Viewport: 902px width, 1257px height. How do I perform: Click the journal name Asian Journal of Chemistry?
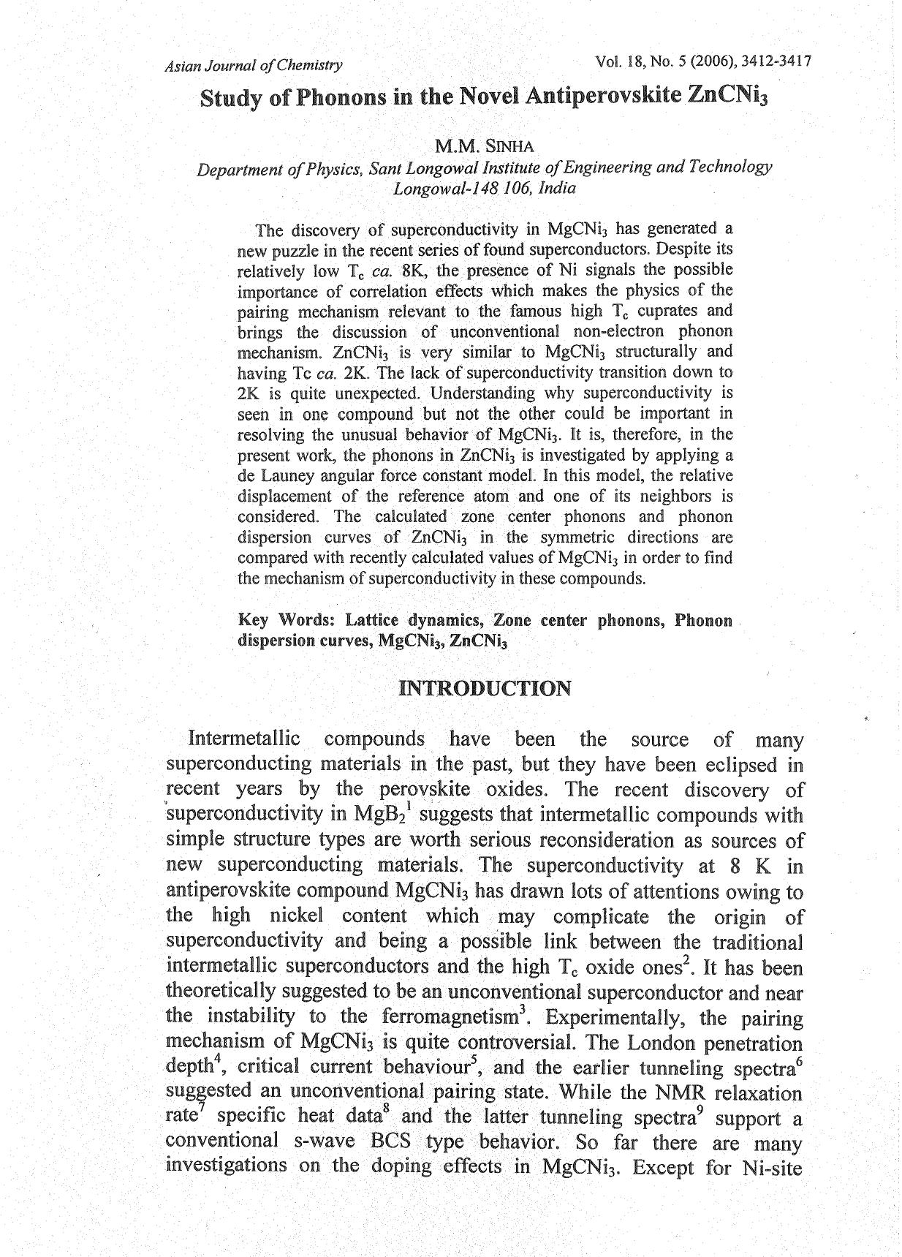(x=254, y=66)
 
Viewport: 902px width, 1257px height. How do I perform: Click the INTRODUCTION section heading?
(x=485, y=689)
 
